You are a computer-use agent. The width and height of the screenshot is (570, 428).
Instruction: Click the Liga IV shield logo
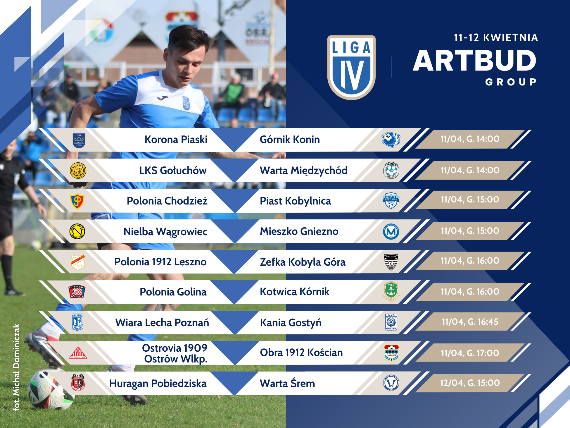tap(351, 68)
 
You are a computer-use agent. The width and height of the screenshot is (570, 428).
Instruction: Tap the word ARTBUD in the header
tap(474, 61)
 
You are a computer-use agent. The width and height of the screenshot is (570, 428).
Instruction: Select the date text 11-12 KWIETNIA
tap(496, 38)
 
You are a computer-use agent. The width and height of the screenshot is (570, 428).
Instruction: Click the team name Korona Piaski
tap(176, 140)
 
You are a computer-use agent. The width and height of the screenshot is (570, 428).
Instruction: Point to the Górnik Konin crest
tap(391, 140)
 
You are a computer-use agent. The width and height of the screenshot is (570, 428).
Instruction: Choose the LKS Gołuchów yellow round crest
tap(78, 170)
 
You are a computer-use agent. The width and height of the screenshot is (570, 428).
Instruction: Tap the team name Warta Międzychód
tap(303, 171)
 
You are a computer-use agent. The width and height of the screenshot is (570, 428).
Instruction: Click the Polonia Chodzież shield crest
tap(77, 201)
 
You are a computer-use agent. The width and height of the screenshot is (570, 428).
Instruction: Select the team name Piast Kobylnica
tap(295, 201)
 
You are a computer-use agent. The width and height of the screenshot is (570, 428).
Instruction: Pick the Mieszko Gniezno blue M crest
tap(391, 232)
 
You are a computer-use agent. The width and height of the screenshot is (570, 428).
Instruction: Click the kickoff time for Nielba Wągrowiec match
tap(470, 231)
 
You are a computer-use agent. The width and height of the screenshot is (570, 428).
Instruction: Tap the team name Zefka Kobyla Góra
tap(303, 262)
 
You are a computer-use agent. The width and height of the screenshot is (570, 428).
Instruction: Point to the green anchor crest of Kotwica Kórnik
tap(391, 291)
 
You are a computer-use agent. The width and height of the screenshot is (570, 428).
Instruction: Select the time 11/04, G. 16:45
tap(470, 322)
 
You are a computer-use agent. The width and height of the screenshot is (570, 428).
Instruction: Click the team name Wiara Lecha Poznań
tap(162, 323)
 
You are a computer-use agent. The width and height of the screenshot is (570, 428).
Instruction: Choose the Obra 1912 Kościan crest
tap(391, 353)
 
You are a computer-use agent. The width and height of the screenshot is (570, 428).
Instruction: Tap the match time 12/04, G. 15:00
tap(470, 383)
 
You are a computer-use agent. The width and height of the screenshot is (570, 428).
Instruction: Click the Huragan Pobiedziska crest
tap(78, 383)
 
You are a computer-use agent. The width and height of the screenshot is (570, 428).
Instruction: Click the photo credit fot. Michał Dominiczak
tap(16, 367)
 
